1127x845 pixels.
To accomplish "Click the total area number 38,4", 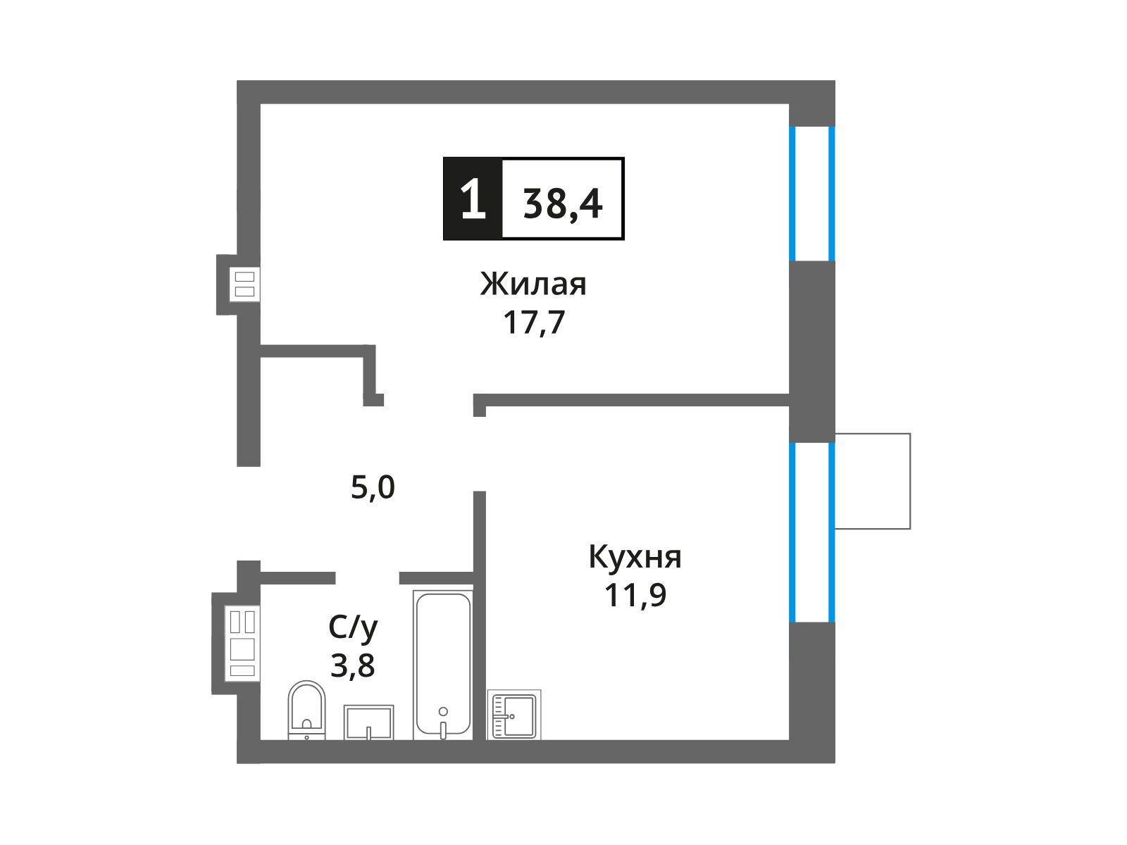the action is [562, 204].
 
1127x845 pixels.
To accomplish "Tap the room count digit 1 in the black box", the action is [473, 199].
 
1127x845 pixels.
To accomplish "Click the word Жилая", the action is [533, 284].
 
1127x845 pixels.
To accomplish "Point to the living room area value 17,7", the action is [534, 323].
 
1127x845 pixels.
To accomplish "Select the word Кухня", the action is [635, 557].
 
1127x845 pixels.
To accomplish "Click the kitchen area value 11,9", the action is [635, 595].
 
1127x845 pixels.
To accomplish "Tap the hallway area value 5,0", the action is [373, 487].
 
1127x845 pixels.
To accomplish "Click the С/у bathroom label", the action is [353, 628].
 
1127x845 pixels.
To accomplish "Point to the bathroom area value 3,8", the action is [352, 665].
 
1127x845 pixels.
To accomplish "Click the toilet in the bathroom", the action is [306, 710].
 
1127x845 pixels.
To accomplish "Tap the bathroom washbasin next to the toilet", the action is [368, 722].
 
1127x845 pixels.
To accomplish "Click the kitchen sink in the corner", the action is [513, 715].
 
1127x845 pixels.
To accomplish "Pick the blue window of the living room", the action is [811, 194].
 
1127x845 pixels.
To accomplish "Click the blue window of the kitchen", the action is [811, 532].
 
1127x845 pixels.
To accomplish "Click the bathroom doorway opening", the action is [367, 578].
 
